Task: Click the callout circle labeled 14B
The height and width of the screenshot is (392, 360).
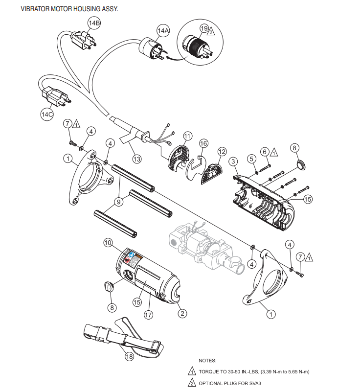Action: [94, 23]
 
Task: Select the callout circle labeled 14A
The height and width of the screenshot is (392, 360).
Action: [163, 30]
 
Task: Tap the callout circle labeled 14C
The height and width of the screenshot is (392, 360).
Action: [47, 114]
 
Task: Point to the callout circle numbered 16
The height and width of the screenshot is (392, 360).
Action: [203, 143]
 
